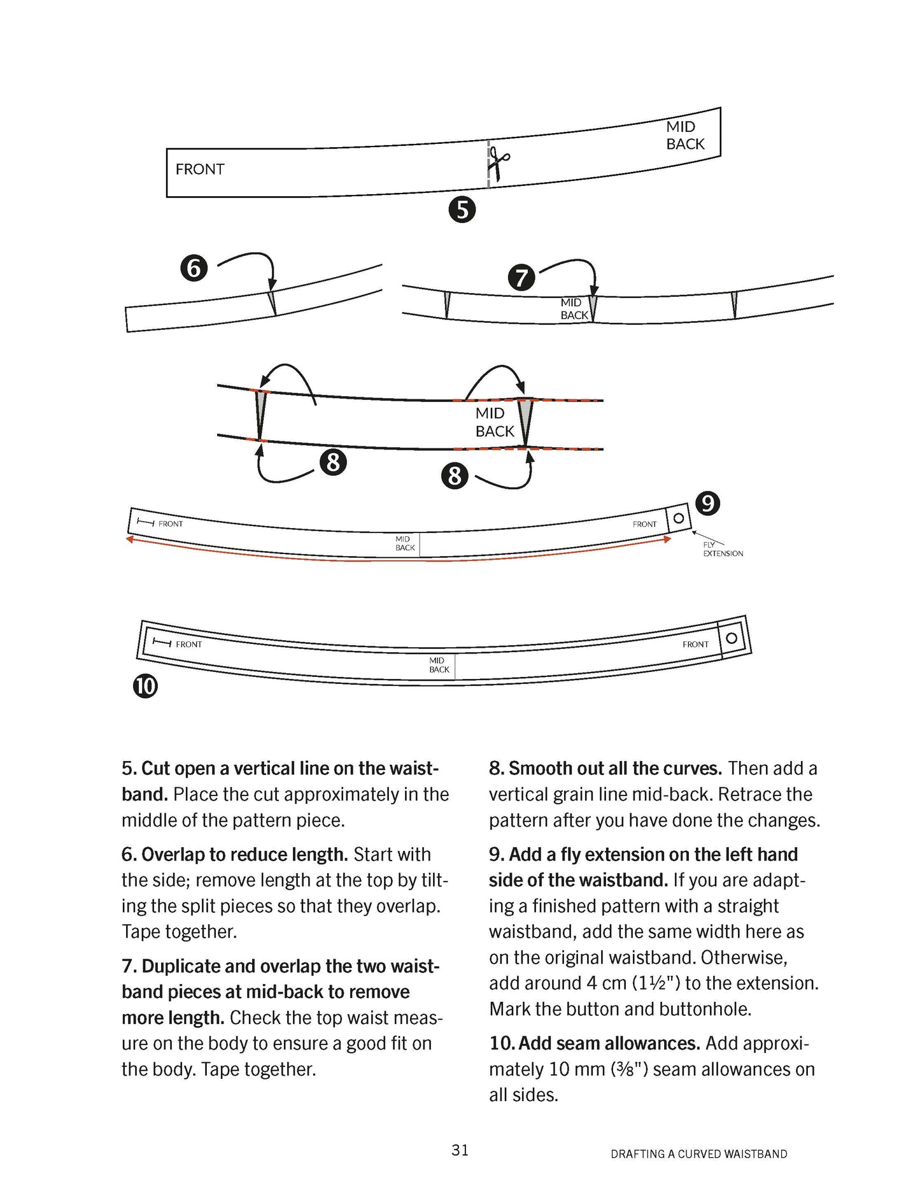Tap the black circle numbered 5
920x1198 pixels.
[x=462, y=210]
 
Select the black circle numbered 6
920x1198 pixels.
[x=194, y=268]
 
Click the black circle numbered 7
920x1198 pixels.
[x=521, y=278]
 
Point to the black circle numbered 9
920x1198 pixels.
[x=707, y=504]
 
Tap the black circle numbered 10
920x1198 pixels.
[x=145, y=687]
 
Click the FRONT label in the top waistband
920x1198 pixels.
[x=200, y=169]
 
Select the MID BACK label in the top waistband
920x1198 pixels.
[x=685, y=136]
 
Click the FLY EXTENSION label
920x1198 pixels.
[x=723, y=550]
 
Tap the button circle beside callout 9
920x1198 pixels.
[x=679, y=518]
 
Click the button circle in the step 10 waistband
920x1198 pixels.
[x=732, y=638]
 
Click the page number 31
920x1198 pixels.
[x=460, y=1150]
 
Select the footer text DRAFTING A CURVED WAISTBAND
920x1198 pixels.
[x=698, y=1154]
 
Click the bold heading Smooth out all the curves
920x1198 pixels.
[x=615, y=769]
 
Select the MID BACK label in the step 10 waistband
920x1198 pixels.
[x=439, y=665]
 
